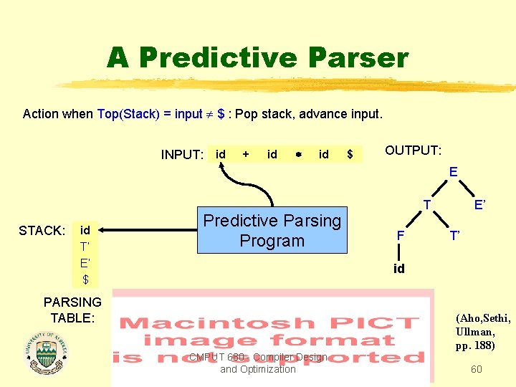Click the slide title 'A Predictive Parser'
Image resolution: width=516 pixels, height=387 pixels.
click(257, 57)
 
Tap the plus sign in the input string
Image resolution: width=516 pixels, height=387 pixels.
click(247, 154)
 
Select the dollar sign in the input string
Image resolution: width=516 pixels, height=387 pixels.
click(350, 154)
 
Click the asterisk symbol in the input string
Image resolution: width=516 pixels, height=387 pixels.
click(297, 155)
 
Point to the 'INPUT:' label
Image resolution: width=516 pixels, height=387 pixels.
click(182, 155)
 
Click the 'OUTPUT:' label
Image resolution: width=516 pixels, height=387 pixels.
click(413, 150)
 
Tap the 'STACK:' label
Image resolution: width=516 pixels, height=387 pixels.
click(42, 231)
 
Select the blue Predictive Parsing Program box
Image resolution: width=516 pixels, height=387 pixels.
click(272, 231)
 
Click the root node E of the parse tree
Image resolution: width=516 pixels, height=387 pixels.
click(453, 172)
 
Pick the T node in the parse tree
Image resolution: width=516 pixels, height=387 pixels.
click(426, 205)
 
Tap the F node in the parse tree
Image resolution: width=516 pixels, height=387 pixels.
click(401, 235)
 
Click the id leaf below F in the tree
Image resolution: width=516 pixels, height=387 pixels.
click(399, 269)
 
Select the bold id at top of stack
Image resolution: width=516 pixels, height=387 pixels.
click(85, 231)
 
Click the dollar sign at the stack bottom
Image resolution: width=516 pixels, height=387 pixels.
click(85, 279)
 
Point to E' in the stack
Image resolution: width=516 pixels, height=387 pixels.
click(85, 263)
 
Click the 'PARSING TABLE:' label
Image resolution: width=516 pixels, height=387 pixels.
click(72, 310)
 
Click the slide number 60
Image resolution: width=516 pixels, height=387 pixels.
click(476, 369)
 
